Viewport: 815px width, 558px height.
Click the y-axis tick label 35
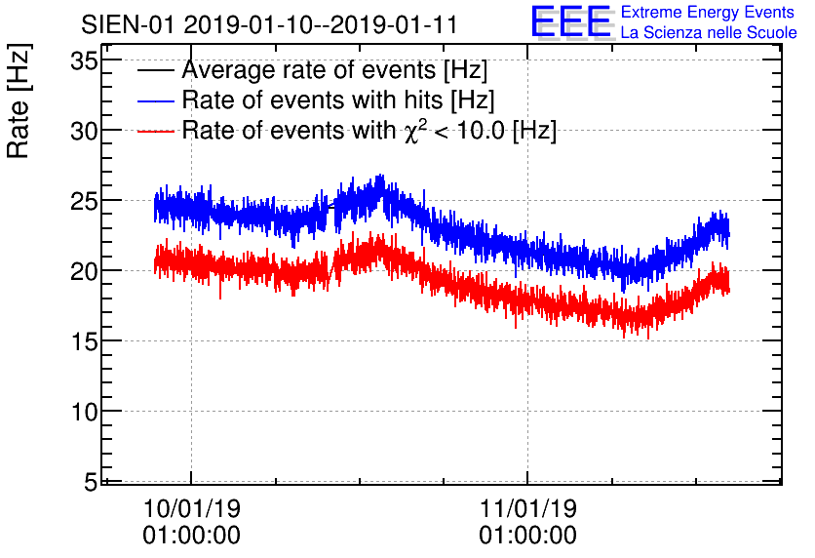(84, 61)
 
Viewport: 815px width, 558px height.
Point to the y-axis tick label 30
(84, 132)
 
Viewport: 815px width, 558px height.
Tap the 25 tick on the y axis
(84, 202)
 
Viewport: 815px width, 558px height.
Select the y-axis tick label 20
(84, 271)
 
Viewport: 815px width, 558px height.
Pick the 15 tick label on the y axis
(84, 341)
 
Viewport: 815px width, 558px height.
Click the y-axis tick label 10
(84, 412)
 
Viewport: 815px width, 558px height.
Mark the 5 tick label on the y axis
(91, 482)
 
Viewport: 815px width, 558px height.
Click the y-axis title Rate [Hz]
(19, 100)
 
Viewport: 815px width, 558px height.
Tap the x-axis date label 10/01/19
(192, 508)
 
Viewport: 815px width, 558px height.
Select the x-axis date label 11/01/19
(528, 508)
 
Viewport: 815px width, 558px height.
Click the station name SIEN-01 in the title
(128, 25)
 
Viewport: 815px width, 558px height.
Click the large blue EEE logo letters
(571, 21)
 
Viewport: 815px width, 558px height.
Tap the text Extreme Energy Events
(708, 12)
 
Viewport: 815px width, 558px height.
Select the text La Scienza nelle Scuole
(709, 32)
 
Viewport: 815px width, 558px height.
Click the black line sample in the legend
(155, 70)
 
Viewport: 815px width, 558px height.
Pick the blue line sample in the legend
(155, 100)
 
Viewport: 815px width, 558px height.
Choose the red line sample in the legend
(155, 131)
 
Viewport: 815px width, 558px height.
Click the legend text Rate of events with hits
(312, 100)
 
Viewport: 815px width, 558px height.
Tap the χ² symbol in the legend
(412, 131)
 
